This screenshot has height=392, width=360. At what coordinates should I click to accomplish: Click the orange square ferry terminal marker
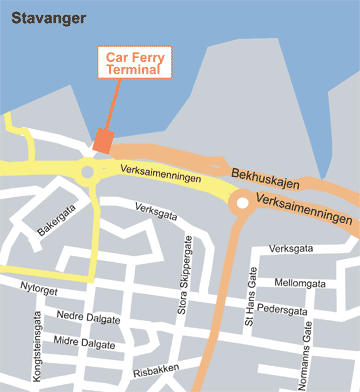tap(103, 142)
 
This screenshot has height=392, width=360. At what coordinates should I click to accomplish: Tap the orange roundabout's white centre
tap(241, 206)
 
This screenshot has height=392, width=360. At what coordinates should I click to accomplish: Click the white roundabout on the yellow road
tap(88, 172)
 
